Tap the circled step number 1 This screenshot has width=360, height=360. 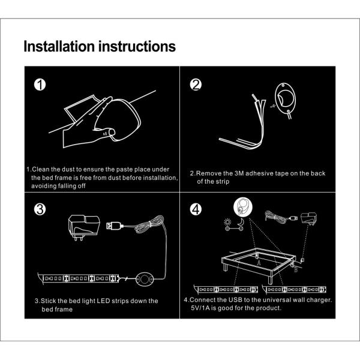pos(40,85)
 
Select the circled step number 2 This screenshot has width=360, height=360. pos(196,85)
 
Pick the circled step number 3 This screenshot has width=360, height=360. pos(40,209)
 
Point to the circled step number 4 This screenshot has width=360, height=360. pos(196,209)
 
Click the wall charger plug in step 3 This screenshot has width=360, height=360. pos(80,227)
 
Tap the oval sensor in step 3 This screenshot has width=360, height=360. pos(144,278)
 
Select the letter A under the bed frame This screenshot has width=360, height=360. pos(259,262)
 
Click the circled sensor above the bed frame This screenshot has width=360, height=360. pos(243,208)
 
